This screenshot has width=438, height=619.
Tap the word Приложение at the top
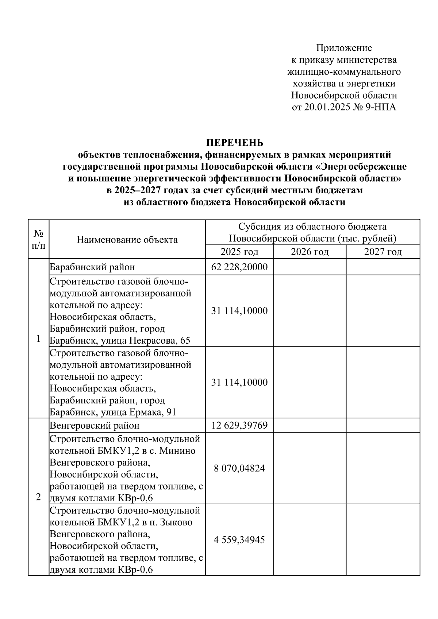pos(344,48)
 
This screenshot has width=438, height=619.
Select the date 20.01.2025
pos(324,108)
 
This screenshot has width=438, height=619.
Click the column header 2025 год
pos(239,252)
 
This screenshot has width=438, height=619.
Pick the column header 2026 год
pos(310,252)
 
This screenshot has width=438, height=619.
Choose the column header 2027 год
pos(383,252)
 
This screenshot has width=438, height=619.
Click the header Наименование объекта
pos(127,240)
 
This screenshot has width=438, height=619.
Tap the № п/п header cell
pos(39,239)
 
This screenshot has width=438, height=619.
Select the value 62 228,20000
pos(239,267)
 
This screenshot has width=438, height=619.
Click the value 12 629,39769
pos(239,425)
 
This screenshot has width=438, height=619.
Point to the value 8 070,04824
pos(239,468)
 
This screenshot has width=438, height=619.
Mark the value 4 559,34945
pos(239,540)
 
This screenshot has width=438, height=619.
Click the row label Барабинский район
pos(92,267)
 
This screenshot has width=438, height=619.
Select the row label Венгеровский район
pos(95,425)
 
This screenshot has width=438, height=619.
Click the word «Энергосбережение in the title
pos(361,167)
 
